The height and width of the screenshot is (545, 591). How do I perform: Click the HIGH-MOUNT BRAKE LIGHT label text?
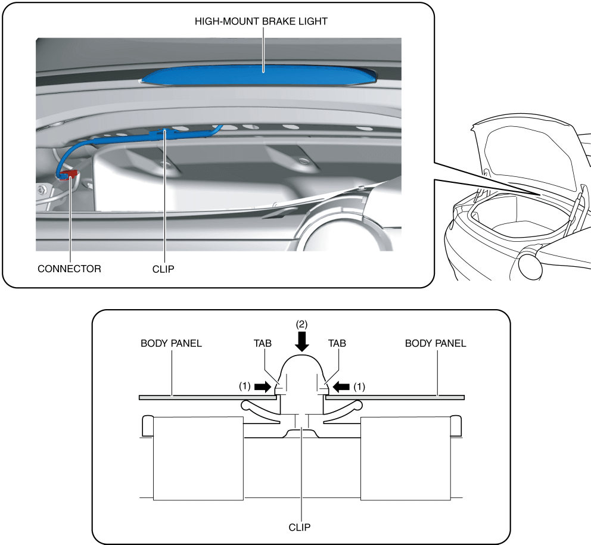(x=262, y=21)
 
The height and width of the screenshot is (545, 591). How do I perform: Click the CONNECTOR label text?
(x=69, y=269)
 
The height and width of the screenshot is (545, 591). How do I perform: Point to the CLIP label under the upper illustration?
(x=163, y=269)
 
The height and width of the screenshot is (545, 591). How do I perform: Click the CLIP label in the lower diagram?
(x=301, y=527)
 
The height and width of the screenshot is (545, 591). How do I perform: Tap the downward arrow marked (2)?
(x=302, y=341)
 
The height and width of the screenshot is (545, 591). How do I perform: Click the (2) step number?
(x=302, y=324)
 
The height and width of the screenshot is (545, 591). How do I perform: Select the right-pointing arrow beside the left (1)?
(x=262, y=386)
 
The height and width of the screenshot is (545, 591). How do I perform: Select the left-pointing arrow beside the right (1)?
(x=341, y=386)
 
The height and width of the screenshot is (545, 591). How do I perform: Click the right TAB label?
(x=337, y=344)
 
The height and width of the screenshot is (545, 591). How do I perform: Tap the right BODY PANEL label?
(x=436, y=344)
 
